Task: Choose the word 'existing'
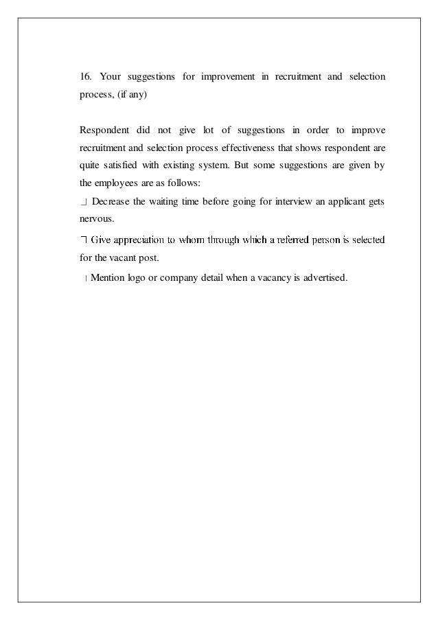(x=179, y=165)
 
